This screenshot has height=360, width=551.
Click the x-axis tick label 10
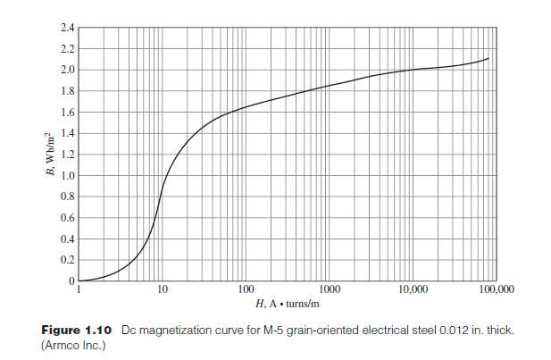pyautogui.click(x=163, y=291)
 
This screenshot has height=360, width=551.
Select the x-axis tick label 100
pyautogui.click(x=246, y=291)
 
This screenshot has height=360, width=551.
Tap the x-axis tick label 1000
pyautogui.click(x=330, y=291)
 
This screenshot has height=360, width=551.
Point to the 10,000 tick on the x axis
pyautogui.click(x=413, y=291)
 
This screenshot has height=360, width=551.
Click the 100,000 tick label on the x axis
pyautogui.click(x=496, y=291)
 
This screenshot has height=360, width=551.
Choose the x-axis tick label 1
pyautogui.click(x=79, y=291)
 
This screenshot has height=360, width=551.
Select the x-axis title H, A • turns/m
pyautogui.click(x=288, y=305)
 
